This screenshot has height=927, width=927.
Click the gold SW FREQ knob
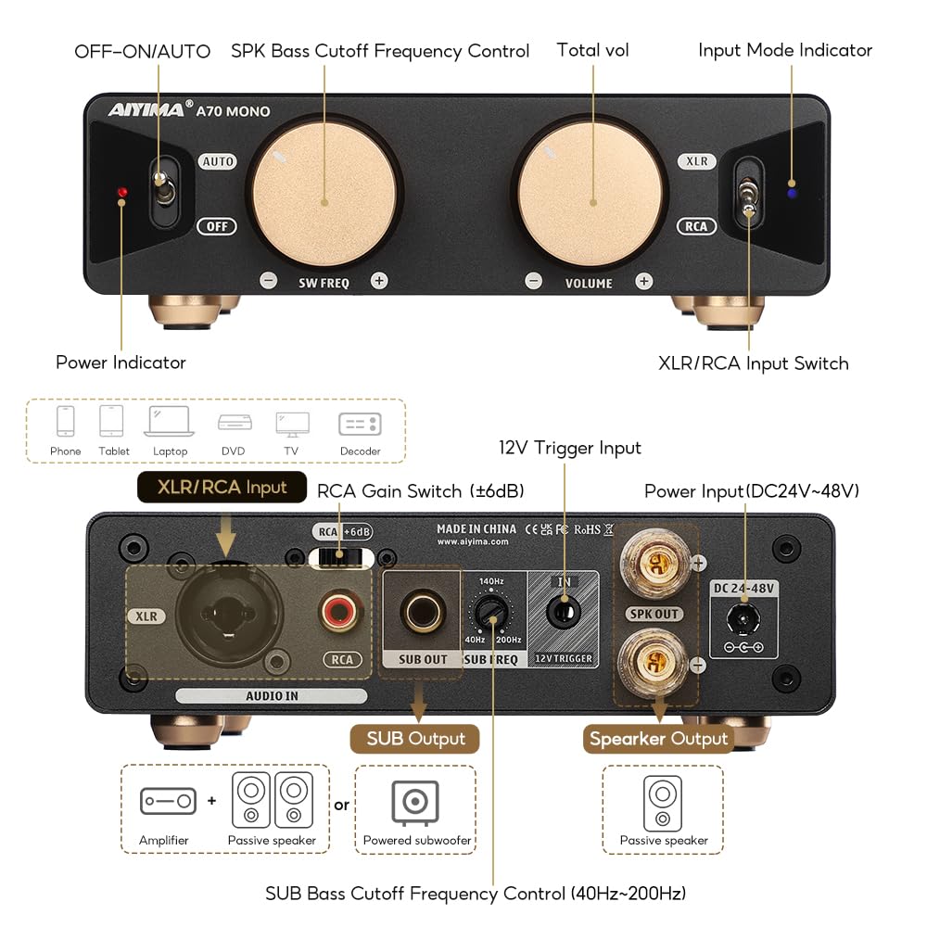[x=325, y=200]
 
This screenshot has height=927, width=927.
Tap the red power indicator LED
[x=121, y=193]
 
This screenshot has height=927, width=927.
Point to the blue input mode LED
[x=791, y=194]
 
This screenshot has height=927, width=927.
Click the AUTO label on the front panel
[x=218, y=161]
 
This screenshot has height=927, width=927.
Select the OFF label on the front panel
[x=216, y=226]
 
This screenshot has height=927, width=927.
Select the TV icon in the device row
[x=292, y=423]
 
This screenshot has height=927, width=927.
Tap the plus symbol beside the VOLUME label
[x=644, y=281]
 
